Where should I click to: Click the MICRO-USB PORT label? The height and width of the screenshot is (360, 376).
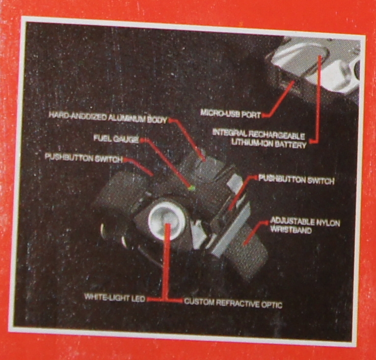(230, 114)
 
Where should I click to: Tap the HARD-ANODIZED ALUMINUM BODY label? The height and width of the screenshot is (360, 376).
(108, 118)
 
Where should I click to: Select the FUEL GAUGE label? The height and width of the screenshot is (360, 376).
(116, 139)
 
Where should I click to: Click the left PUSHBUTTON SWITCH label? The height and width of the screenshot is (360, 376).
(84, 158)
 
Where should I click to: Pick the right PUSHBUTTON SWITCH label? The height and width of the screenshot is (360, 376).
(296, 180)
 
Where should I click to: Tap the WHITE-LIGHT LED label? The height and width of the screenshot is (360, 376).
(115, 298)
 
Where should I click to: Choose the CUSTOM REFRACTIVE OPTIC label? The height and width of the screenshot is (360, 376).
(233, 303)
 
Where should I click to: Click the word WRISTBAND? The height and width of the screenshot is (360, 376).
(291, 230)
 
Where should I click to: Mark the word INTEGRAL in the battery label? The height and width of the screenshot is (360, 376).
(229, 133)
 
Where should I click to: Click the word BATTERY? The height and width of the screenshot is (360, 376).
(291, 144)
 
